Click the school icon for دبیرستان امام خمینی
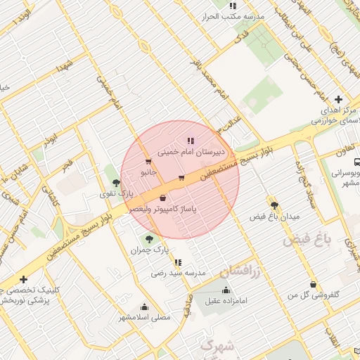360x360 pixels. (x=190, y=140)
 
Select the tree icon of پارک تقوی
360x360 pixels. (x=116, y=183)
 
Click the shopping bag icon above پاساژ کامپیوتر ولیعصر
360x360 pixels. (x=163, y=198)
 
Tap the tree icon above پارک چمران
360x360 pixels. (x=148, y=238)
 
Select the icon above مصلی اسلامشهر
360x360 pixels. (x=144, y=307)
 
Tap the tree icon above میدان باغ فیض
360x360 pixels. (x=274, y=205)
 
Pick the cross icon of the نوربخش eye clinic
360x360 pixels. (x=24, y=279)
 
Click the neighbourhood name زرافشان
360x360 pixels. (x=240, y=271)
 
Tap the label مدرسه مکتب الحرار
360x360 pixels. (x=233, y=15)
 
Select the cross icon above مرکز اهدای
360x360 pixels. (x=338, y=100)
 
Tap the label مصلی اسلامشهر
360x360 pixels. (x=144, y=317)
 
